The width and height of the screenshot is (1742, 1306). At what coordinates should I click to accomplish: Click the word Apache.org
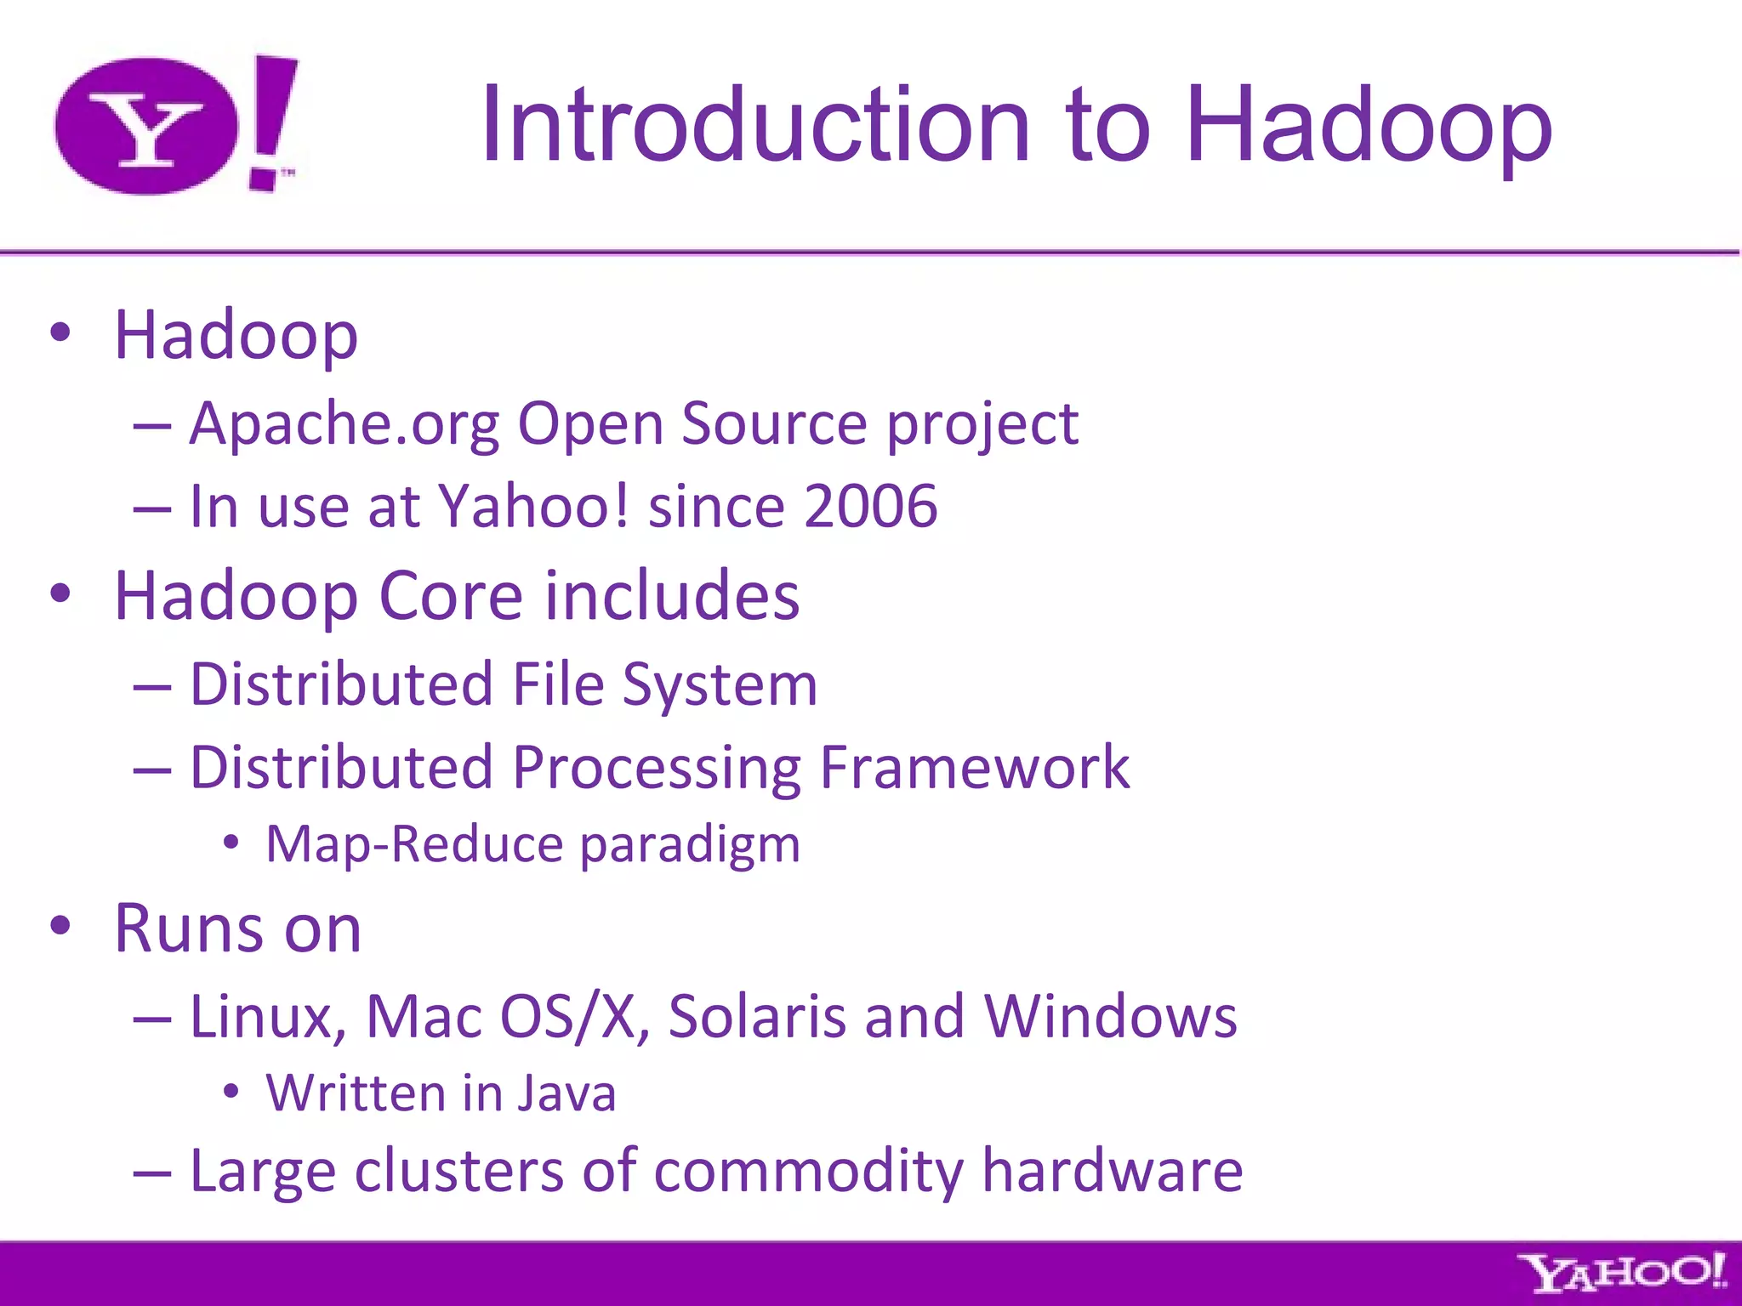click(344, 424)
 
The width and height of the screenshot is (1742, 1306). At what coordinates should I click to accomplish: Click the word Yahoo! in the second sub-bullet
click(533, 507)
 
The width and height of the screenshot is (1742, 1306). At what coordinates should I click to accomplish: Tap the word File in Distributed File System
click(558, 684)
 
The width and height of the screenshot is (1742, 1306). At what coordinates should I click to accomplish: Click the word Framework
click(974, 768)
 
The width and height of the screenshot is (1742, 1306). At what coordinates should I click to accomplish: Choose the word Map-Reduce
click(414, 844)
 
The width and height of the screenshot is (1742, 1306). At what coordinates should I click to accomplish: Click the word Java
click(566, 1093)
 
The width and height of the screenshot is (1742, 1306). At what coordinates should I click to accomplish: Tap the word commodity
click(808, 1172)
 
